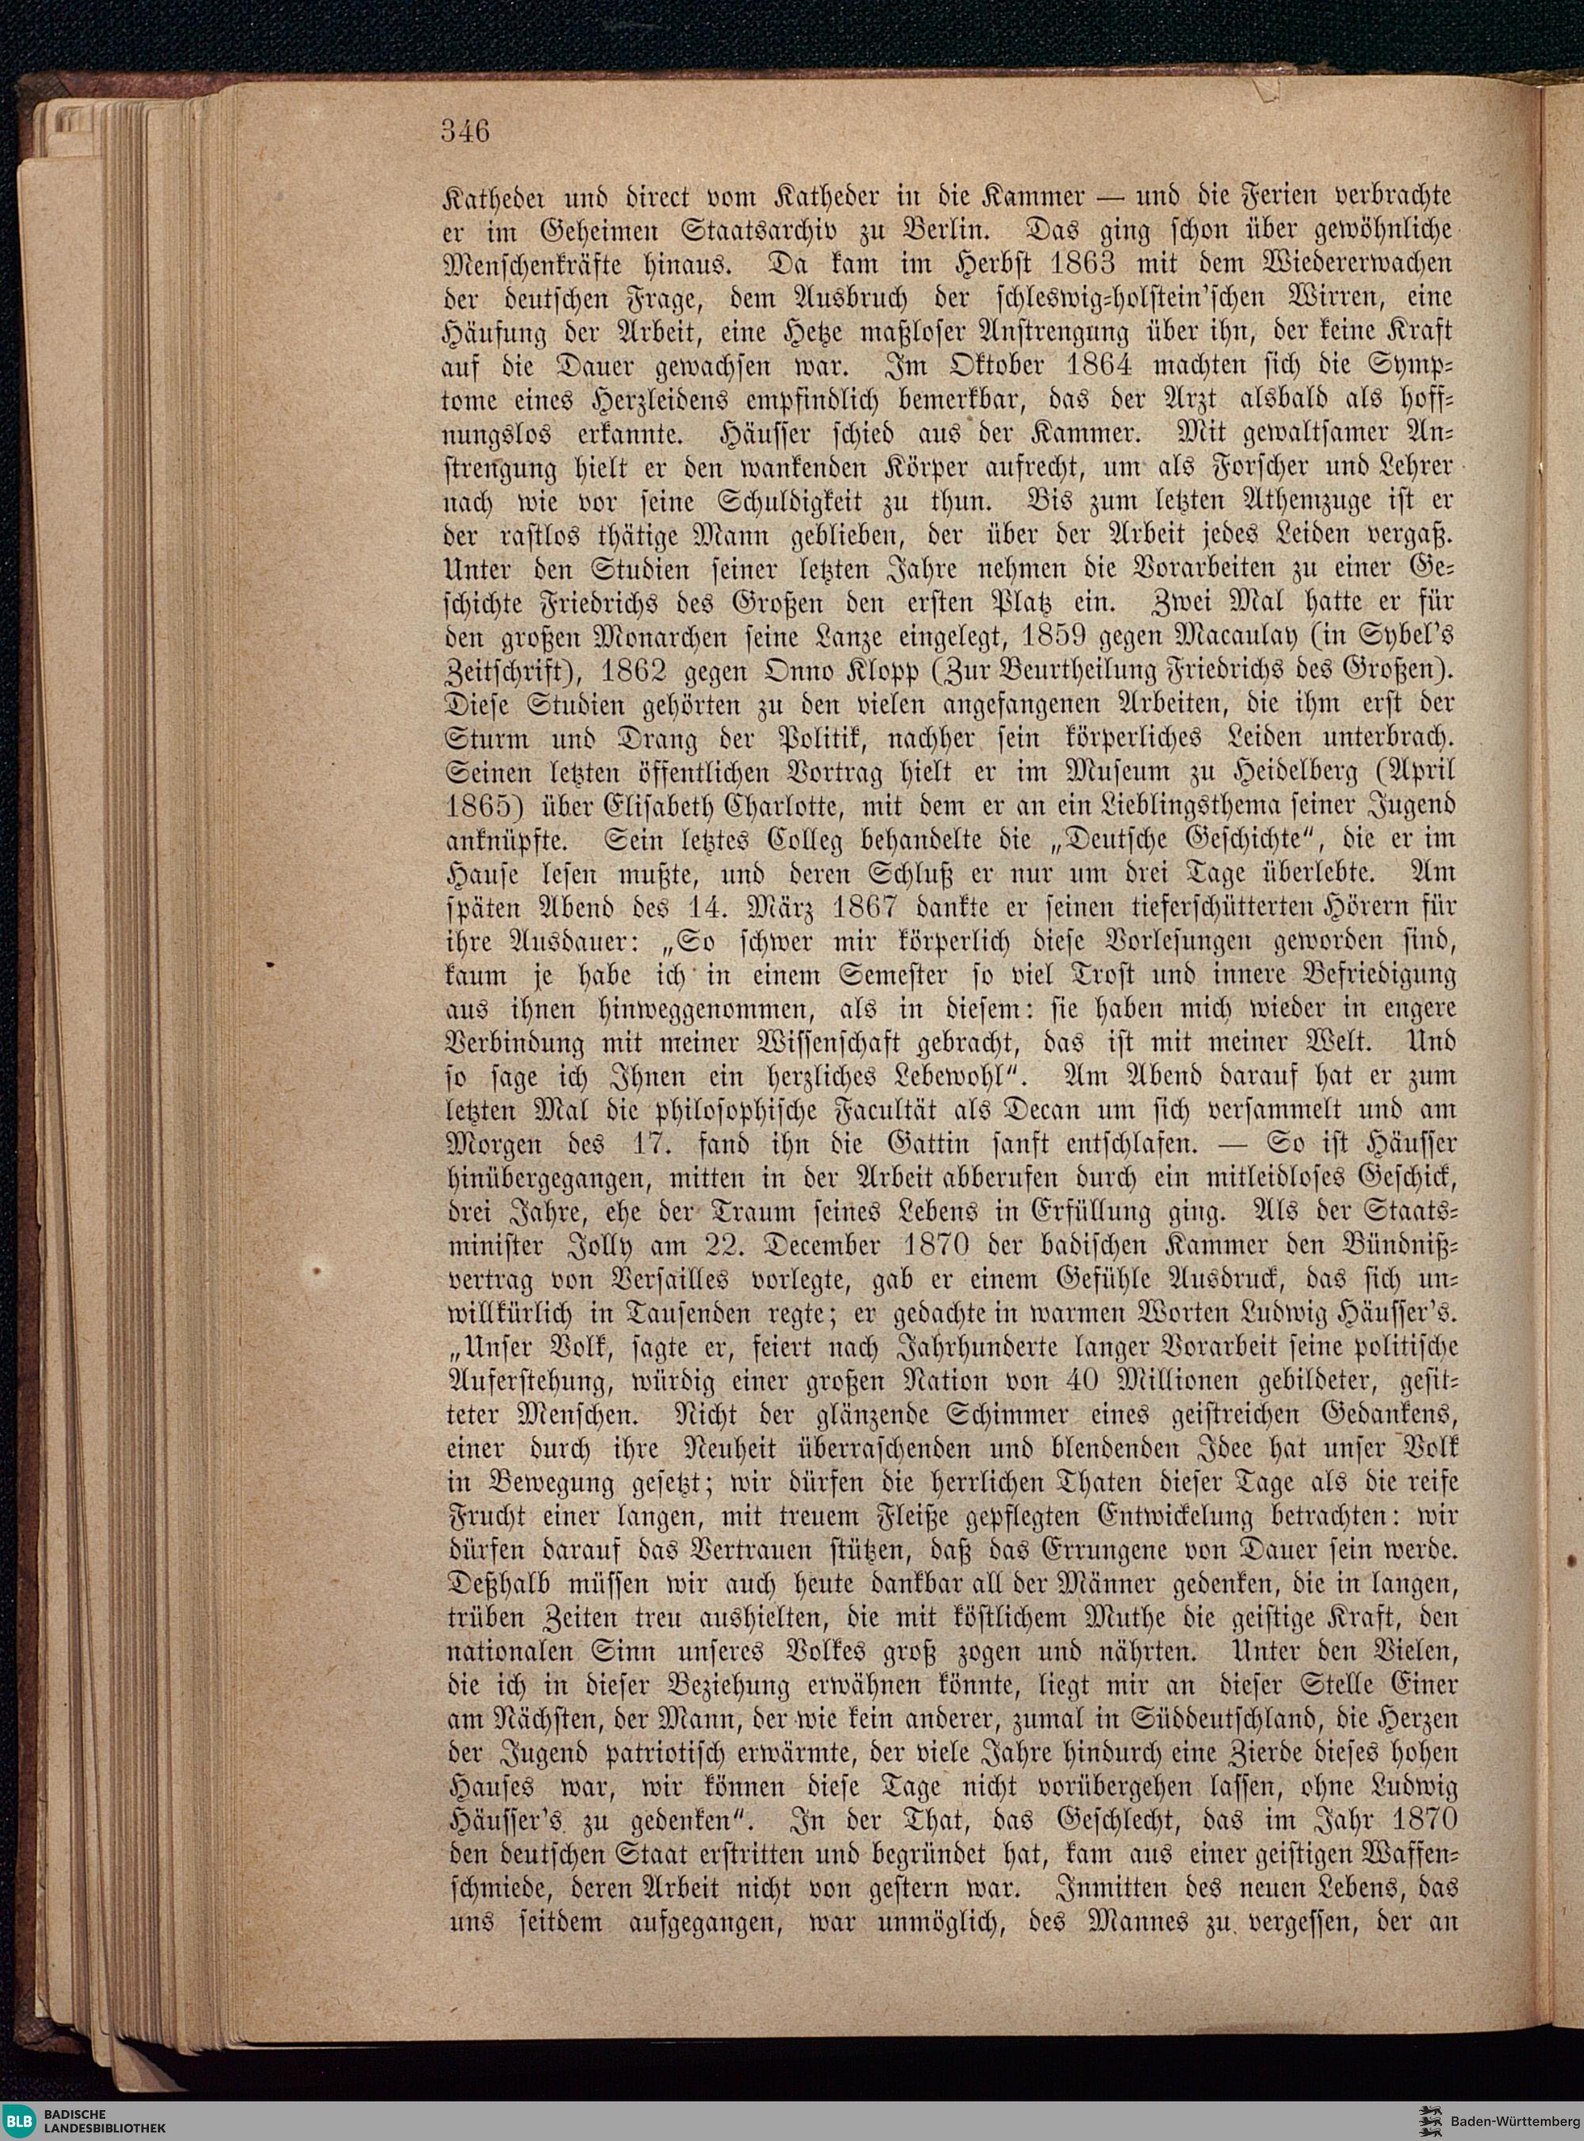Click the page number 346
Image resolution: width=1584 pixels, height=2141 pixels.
(466, 131)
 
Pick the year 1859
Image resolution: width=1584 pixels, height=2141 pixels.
(1003, 636)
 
